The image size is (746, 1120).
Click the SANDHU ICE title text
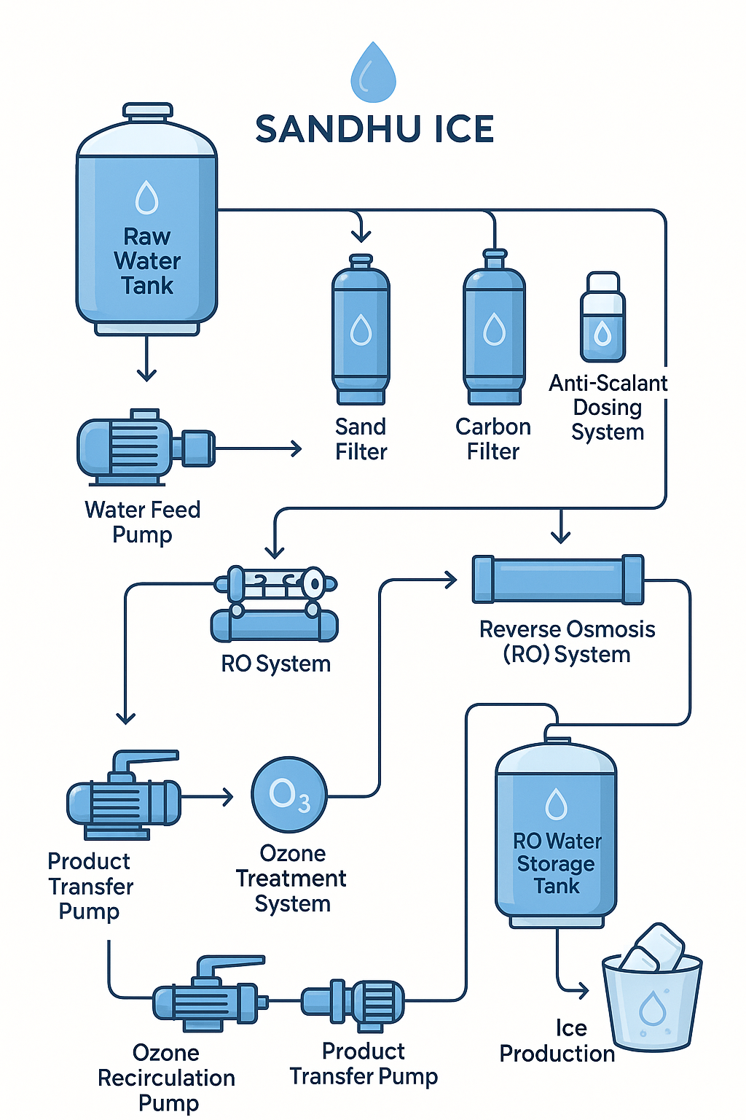tap(374, 130)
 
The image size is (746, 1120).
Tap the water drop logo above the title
tap(373, 73)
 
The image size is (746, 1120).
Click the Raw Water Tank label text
tap(147, 261)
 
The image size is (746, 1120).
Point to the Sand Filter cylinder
tap(361, 330)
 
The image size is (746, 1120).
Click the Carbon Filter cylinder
tap(494, 330)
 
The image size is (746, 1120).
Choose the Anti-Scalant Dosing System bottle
tap(602, 319)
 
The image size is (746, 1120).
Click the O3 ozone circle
tap(289, 795)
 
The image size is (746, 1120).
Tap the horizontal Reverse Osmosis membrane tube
tap(558, 579)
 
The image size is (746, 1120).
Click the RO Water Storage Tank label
tap(557, 863)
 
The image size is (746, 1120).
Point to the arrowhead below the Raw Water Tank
tap(146, 375)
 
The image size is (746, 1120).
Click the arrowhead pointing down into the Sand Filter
tap(361, 236)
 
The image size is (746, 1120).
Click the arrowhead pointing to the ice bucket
tap(583, 990)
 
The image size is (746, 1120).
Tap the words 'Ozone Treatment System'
tap(291, 879)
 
